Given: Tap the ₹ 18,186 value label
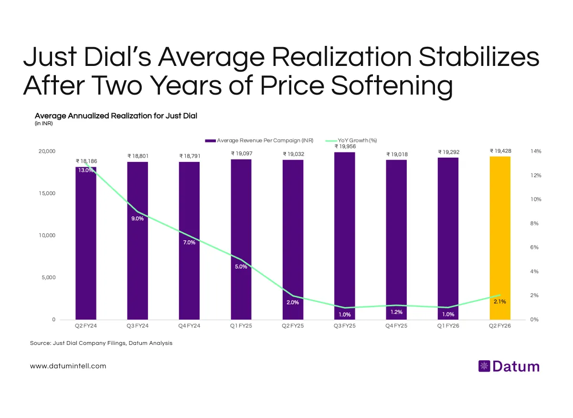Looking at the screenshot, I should (x=86, y=161).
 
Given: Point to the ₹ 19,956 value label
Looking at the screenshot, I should (x=344, y=146).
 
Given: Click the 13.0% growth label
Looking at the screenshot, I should (x=86, y=171).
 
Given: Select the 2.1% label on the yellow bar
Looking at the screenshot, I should (x=500, y=302).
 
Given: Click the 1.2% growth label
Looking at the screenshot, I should (x=396, y=312).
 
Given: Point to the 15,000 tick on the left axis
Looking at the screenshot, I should (x=47, y=193).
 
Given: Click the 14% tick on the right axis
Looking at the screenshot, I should (x=535, y=151).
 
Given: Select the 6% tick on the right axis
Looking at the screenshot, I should (x=535, y=247).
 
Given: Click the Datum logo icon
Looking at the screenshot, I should (x=484, y=366).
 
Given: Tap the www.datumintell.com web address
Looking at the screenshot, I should (x=68, y=366).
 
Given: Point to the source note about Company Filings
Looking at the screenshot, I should (x=101, y=343).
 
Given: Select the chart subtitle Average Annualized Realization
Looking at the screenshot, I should (x=116, y=116).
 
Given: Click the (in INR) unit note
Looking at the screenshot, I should (x=43, y=124).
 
